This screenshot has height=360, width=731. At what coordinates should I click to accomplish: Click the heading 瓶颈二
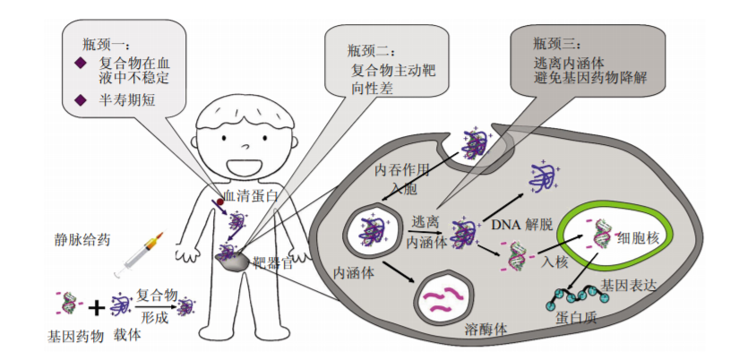(371, 51)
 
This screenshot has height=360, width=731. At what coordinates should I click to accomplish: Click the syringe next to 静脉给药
(140, 253)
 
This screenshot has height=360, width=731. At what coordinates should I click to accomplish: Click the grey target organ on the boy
(235, 263)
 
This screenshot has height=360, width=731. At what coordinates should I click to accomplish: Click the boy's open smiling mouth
(243, 167)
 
